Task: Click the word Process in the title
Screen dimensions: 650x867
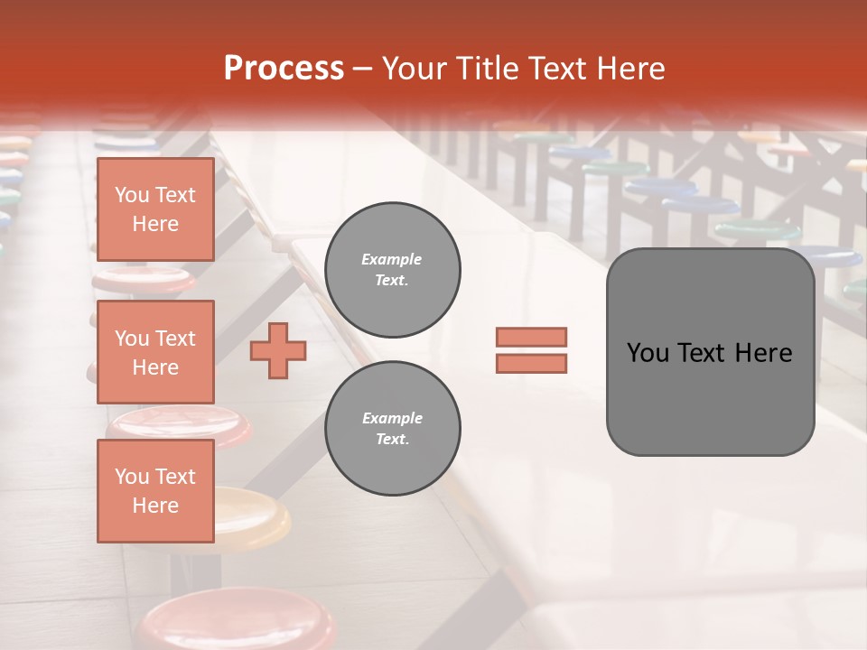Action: [284, 69]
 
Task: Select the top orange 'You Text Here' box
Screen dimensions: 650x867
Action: [155, 209]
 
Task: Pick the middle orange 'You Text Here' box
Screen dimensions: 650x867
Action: [155, 352]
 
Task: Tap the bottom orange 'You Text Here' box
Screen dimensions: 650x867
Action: [155, 491]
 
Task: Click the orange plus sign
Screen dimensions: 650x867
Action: [278, 351]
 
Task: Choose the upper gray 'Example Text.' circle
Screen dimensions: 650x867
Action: [393, 270]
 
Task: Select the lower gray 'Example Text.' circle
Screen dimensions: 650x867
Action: [393, 429]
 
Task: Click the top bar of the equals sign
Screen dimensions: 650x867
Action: [531, 337]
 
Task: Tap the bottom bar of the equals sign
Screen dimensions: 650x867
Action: [531, 364]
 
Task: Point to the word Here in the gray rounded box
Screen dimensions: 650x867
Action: [763, 353]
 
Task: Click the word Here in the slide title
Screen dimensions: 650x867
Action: [629, 69]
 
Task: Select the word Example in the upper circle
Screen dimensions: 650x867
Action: [392, 260]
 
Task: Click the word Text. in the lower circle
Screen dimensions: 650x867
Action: [392, 440]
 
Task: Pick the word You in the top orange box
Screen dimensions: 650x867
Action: [132, 195]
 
